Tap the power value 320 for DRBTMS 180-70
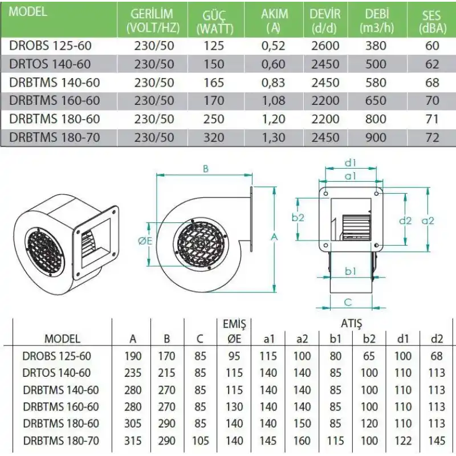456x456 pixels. [213, 137]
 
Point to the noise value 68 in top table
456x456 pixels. [432, 83]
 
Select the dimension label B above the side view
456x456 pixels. [205, 168]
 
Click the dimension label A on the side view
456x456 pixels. [275, 236]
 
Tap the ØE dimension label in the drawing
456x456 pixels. [145, 241]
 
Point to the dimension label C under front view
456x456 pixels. [349, 302]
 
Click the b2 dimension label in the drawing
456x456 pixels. [298, 218]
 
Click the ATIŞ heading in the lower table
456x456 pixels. [351, 324]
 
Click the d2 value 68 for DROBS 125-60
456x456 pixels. [437, 356]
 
